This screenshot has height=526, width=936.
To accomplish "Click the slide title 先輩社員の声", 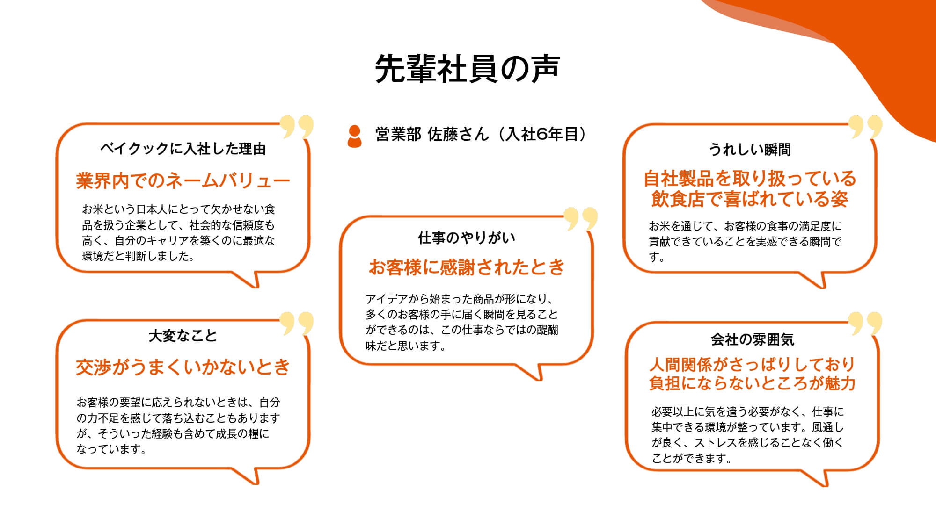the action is point(468,69).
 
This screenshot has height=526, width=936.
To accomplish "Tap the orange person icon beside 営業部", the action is point(355,136).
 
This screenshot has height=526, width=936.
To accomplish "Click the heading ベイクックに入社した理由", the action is point(183,149).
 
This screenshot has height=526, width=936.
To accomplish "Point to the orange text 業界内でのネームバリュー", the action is point(183,180).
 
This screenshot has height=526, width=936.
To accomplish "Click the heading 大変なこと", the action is point(183,336).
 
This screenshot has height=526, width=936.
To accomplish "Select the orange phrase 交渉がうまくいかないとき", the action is point(183,367).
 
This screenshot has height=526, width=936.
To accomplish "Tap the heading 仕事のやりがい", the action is point(467,238).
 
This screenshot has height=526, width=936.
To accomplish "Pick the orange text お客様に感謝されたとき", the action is point(467,267).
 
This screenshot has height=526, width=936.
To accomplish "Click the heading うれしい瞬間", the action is point(750,150).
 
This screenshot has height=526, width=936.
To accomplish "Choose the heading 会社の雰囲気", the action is point(753,339).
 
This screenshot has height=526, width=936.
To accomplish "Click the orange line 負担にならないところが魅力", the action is point(753,383).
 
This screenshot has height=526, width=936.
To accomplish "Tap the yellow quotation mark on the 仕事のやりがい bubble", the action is point(581,218).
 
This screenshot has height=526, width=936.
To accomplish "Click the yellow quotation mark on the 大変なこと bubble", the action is point(297,323).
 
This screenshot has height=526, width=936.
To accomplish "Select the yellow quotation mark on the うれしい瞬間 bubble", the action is point(865,127).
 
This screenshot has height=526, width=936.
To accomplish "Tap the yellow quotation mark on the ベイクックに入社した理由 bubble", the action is point(297,127).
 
